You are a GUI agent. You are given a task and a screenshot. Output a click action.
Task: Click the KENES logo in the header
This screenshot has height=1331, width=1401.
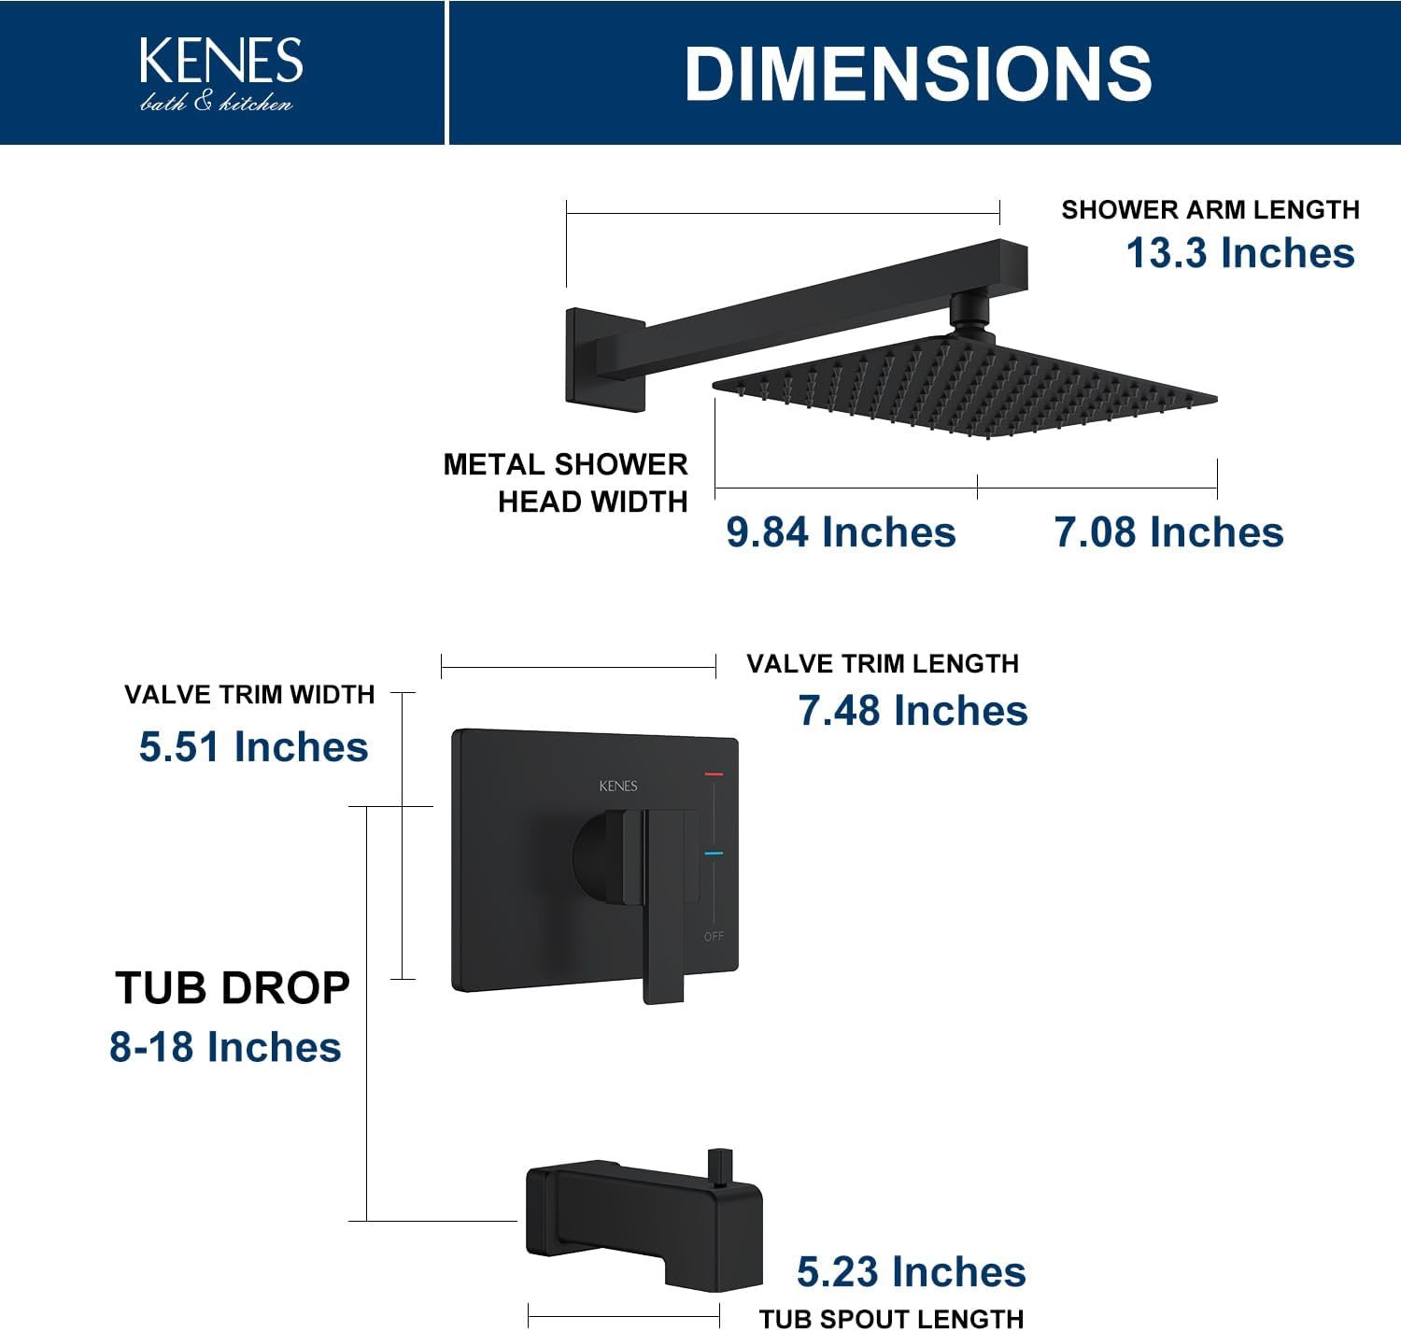coord(221,74)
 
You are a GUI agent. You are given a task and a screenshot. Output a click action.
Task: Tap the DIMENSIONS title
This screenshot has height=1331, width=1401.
coord(918,74)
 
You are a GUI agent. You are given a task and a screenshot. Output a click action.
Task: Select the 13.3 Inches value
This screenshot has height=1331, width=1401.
coord(1240,252)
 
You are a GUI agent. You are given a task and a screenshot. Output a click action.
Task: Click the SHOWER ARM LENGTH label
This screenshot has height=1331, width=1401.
coord(1210,209)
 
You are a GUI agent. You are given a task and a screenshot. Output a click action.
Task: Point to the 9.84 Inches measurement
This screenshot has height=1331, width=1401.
coord(841,531)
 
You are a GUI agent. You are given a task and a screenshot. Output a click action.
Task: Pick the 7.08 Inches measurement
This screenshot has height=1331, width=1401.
coord(1168,531)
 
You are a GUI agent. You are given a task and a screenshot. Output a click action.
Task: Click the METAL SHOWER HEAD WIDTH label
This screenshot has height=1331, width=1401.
coord(566,483)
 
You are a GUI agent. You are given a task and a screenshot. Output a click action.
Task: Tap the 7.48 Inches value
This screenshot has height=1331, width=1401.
coord(913,710)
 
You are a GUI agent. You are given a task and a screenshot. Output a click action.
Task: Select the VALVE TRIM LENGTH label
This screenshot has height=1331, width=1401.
coord(883,664)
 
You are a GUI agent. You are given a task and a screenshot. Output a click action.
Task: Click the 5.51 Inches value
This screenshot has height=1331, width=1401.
coord(254,746)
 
